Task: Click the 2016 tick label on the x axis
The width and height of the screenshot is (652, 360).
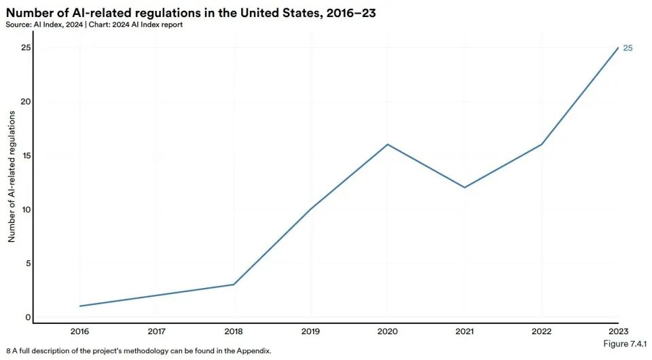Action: (x=79, y=331)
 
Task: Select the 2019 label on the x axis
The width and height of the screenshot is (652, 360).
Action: (x=310, y=331)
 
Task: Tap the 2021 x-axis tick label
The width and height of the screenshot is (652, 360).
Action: (x=465, y=331)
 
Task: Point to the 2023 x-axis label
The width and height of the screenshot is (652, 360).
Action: (x=618, y=331)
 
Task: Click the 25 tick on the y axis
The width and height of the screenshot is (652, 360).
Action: (x=26, y=48)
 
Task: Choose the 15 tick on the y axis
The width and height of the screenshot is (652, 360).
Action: (x=26, y=156)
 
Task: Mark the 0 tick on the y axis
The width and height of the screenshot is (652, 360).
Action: (x=28, y=317)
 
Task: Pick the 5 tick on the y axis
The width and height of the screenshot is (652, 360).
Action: (x=29, y=263)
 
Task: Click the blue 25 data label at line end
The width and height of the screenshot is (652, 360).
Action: (x=628, y=48)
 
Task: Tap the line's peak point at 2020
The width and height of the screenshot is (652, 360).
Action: (x=388, y=144)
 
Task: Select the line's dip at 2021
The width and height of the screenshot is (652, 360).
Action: (x=465, y=187)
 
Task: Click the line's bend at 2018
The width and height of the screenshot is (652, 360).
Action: (x=234, y=285)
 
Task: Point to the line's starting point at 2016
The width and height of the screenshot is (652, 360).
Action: (x=80, y=306)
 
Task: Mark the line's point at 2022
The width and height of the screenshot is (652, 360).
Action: (x=541, y=144)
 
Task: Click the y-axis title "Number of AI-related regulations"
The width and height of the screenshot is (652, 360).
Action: (x=12, y=177)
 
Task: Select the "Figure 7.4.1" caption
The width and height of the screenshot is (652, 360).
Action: (x=625, y=344)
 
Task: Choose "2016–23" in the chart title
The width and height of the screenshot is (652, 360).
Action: (x=351, y=13)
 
